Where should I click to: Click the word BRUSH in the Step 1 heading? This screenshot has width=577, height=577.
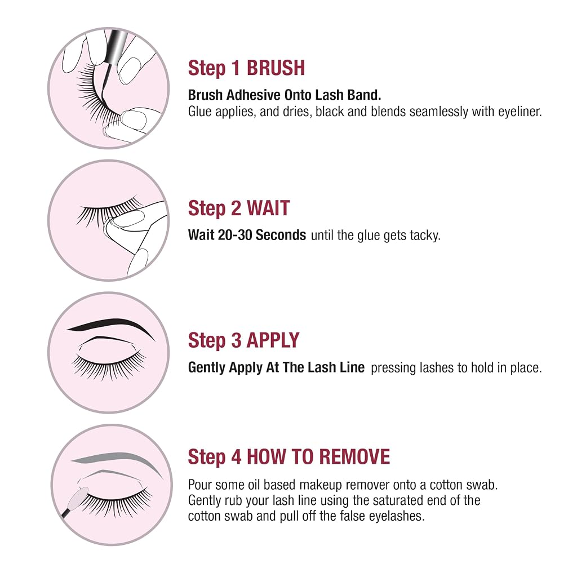click(x=276, y=68)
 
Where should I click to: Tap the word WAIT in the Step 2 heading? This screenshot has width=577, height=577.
click(x=268, y=208)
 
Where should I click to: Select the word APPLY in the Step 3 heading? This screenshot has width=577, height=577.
click(x=273, y=340)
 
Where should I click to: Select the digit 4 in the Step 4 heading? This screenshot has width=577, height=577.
click(x=236, y=456)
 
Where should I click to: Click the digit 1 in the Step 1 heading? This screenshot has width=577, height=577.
click(x=236, y=68)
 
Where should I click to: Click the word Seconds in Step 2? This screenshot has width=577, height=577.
click(x=281, y=235)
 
